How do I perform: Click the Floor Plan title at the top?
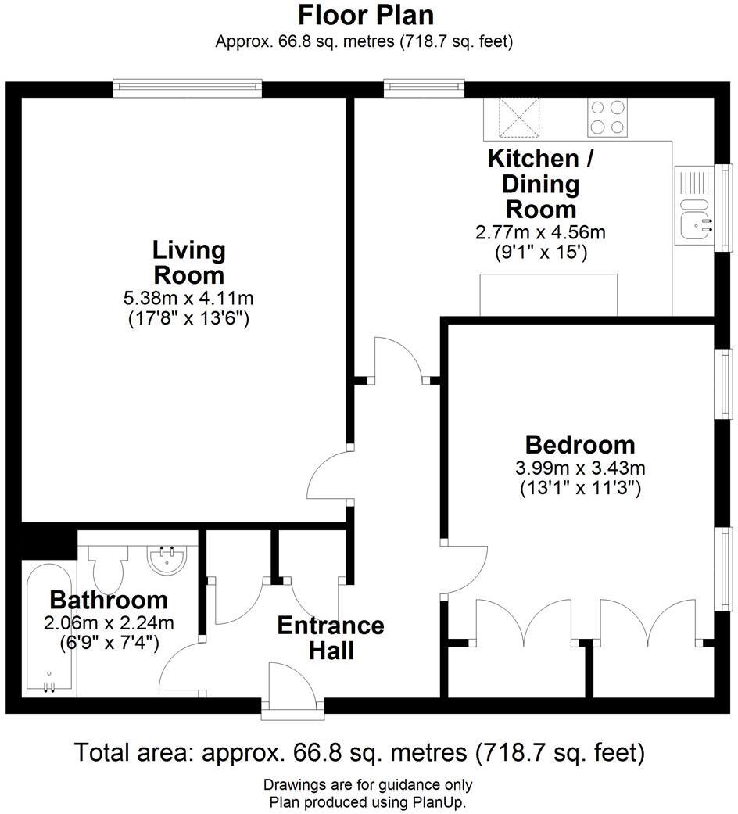pyautogui.click(x=366, y=15)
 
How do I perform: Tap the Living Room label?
pyautogui.click(x=188, y=263)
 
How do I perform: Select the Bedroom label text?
pyautogui.click(x=580, y=445)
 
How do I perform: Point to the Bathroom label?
pyautogui.click(x=109, y=601)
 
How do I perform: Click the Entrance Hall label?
pyautogui.click(x=331, y=637)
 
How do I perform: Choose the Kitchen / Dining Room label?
pyautogui.click(x=541, y=184)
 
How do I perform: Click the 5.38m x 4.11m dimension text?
pyautogui.click(x=188, y=298)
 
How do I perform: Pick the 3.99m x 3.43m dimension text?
pyautogui.click(x=580, y=468)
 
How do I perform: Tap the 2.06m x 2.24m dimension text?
pyautogui.click(x=109, y=622)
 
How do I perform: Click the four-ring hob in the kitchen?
pyautogui.click(x=608, y=117)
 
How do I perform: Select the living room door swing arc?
pyautogui.click(x=328, y=481)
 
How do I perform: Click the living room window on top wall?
pyautogui.click(x=187, y=87)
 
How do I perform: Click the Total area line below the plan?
pyautogui.click(x=360, y=753)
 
